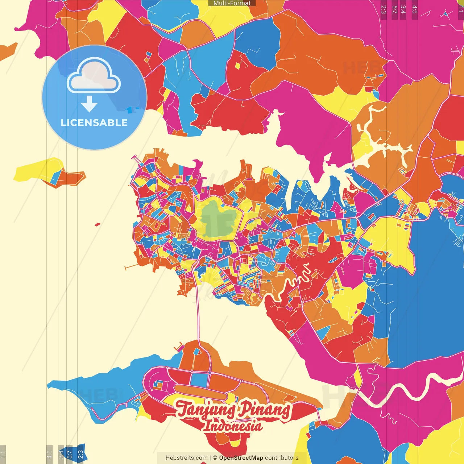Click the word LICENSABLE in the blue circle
point(94,123)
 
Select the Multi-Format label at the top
point(232,3)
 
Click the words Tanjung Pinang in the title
point(233,410)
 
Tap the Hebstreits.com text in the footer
point(186,458)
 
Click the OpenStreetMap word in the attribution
point(241,458)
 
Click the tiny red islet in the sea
point(97,224)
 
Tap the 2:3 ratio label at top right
point(384,9)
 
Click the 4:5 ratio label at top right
point(415,9)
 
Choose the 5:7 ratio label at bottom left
point(69,454)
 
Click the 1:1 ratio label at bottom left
point(3,454)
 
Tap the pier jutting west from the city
point(130,267)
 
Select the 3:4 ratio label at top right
point(403,9)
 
